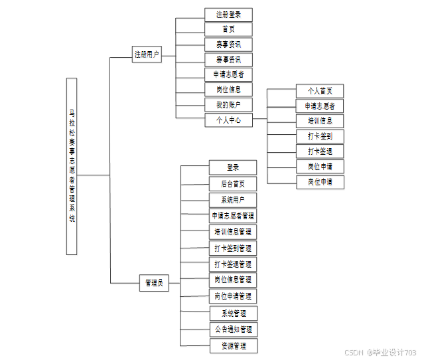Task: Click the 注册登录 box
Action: coord(228,15)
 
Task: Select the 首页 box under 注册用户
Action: coord(228,29)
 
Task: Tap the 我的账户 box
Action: coord(228,105)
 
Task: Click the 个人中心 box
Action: coord(228,120)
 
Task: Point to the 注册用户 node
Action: coord(147,54)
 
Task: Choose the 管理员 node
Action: coord(153,283)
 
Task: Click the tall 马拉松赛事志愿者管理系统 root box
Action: coord(72,166)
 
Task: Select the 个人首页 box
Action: coord(320,91)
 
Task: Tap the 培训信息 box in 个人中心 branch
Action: coord(320,121)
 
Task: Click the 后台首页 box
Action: coord(232,183)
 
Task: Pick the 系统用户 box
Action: coord(232,199)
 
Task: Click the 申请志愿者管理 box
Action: coord(232,216)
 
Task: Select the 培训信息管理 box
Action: coord(232,232)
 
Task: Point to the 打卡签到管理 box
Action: coord(232,248)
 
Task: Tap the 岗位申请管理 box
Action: coord(232,296)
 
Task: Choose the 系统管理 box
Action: coord(232,313)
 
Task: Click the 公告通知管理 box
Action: coord(232,329)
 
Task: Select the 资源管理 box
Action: coord(232,345)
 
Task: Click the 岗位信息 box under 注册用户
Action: coord(228,90)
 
